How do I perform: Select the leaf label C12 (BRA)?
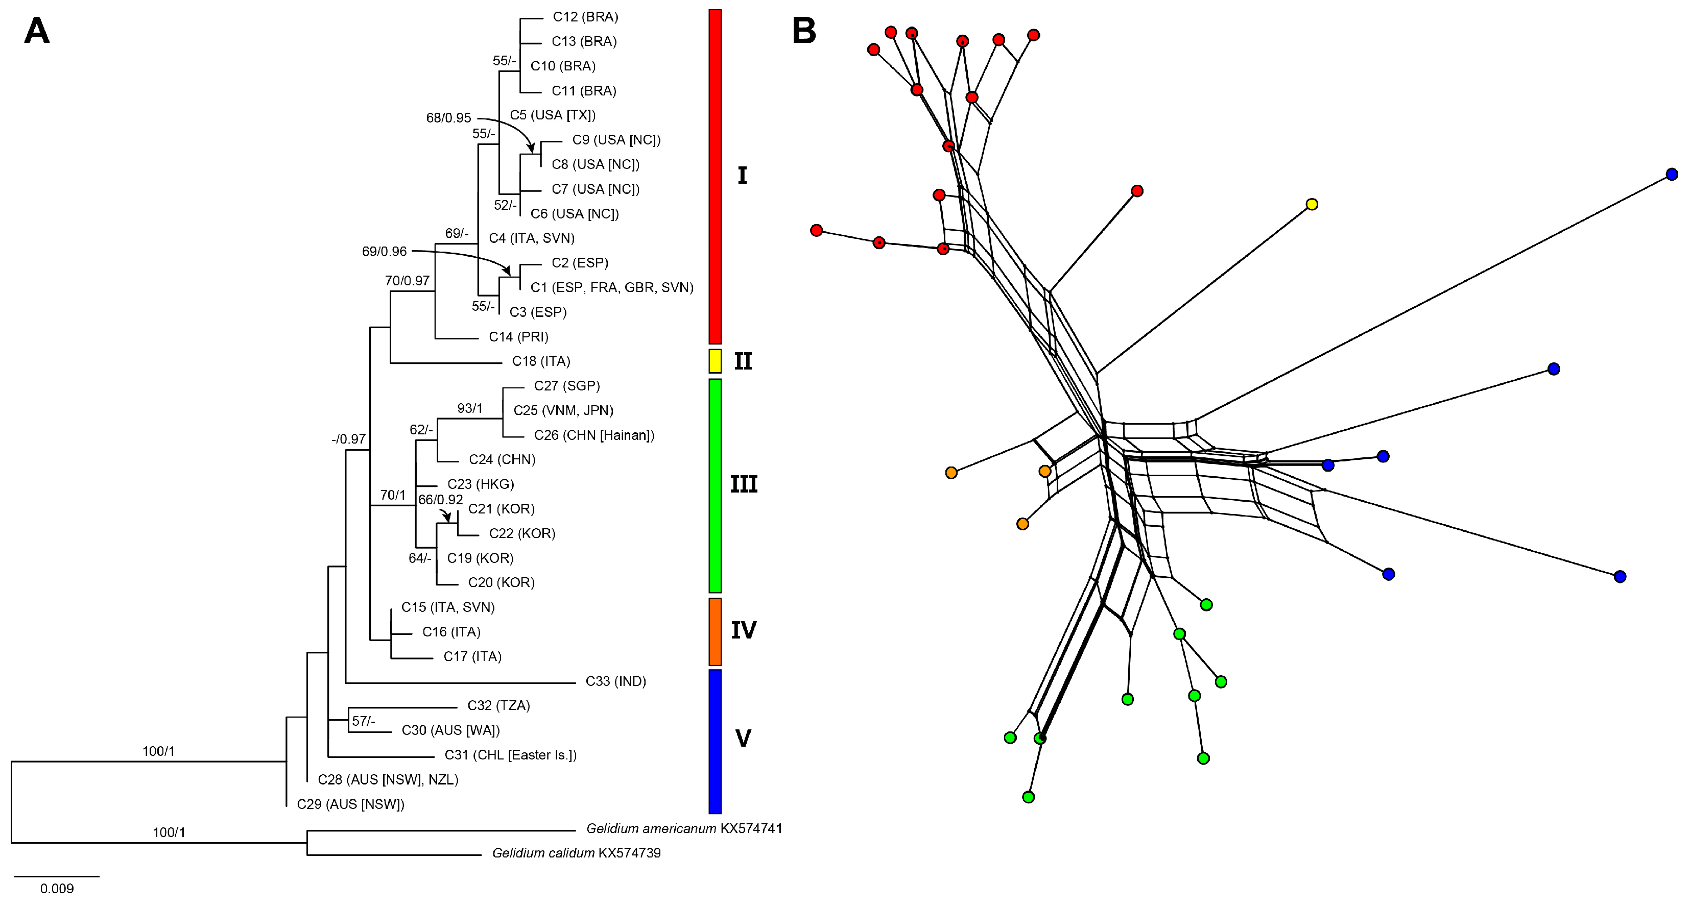point(585,17)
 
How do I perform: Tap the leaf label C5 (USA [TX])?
point(553,115)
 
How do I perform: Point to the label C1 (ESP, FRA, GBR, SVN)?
point(611,288)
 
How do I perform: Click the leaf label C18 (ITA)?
point(540,361)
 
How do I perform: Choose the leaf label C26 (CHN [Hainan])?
point(594,435)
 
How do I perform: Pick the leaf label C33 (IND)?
point(615,682)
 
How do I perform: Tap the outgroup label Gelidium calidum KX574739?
point(576,853)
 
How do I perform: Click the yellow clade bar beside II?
point(715,361)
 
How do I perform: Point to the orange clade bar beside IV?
point(715,631)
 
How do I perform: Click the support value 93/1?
point(470,408)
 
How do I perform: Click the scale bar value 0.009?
point(57,889)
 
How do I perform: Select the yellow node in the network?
point(1312,204)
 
